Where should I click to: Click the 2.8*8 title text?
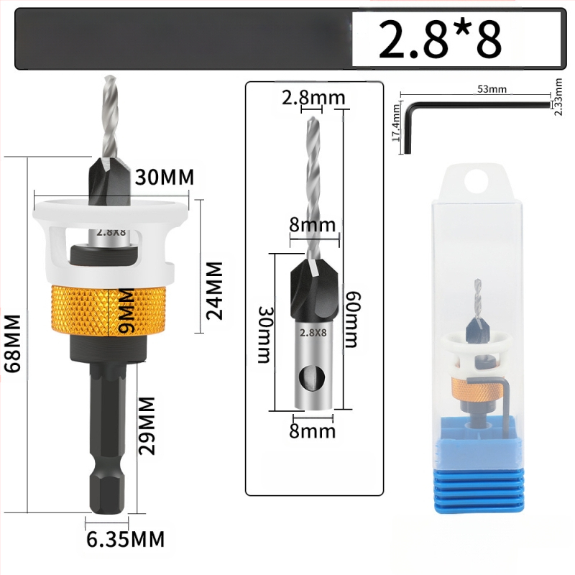439,40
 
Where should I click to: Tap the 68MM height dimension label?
13,344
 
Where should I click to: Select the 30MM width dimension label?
165,177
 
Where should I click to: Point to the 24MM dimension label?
214,291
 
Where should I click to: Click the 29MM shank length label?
147,425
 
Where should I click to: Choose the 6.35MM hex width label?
125,539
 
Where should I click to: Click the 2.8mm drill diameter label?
313,98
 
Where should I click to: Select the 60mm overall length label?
352,319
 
